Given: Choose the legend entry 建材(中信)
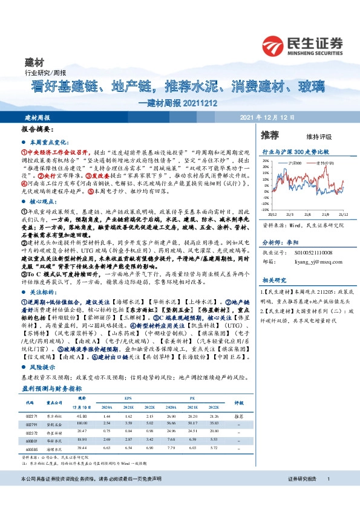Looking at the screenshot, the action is [328, 163].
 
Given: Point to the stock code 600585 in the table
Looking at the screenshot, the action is [31, 449].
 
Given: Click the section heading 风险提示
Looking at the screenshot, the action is [41, 367].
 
